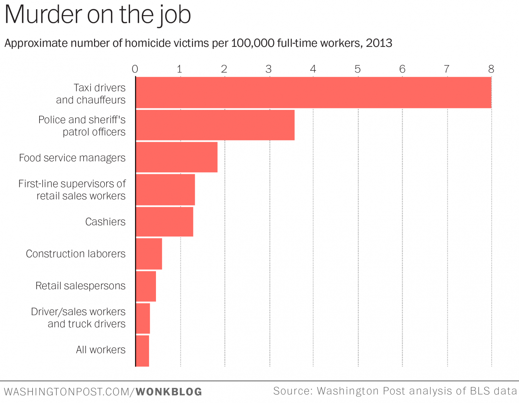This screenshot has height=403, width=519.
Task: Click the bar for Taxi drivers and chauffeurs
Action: click(313, 92)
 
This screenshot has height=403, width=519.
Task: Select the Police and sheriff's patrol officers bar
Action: click(215, 125)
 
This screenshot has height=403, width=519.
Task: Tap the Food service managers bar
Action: click(177, 157)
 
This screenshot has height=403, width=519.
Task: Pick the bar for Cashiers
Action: click(164, 222)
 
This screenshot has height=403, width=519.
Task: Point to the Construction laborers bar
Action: click(149, 254)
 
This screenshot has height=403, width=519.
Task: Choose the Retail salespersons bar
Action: click(146, 286)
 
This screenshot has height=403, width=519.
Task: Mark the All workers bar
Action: click(142, 351)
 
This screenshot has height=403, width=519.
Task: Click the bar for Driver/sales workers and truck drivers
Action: click(143, 318)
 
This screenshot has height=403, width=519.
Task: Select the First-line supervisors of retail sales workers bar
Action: click(165, 189)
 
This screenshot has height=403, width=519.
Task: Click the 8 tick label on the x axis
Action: click(491, 69)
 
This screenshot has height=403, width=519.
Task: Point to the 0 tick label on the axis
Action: click(135, 69)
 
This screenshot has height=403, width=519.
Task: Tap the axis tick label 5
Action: click(357, 69)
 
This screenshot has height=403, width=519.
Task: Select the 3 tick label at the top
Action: click(269, 69)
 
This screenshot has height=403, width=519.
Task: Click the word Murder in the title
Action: click(42, 15)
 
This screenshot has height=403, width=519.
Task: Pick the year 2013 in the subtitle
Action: click(379, 43)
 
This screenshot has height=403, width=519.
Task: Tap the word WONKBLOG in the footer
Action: click(169, 392)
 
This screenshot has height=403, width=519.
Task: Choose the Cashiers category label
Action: click(105, 222)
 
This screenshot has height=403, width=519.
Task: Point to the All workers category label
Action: click(101, 350)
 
